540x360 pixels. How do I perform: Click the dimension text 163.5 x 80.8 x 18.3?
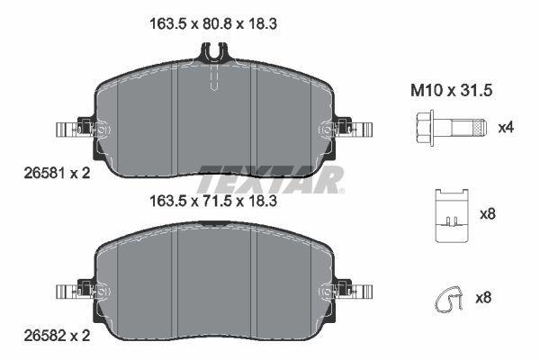tap(211, 26)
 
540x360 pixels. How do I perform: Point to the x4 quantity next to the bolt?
tap(506, 127)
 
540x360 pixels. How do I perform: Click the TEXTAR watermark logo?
tap(270, 178)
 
